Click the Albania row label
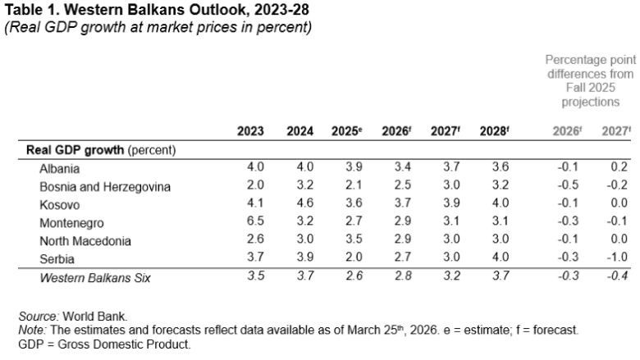click(x=60, y=168)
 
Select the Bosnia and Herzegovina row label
click(x=105, y=186)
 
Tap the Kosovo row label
click(x=59, y=204)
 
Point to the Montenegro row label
click(x=71, y=222)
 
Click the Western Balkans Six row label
click(x=97, y=277)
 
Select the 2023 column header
click(x=250, y=131)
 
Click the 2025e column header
click(x=348, y=131)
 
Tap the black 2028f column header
click(x=495, y=131)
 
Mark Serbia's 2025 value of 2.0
click(x=353, y=258)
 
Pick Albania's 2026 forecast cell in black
click(x=402, y=167)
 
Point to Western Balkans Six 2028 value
click(x=500, y=276)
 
